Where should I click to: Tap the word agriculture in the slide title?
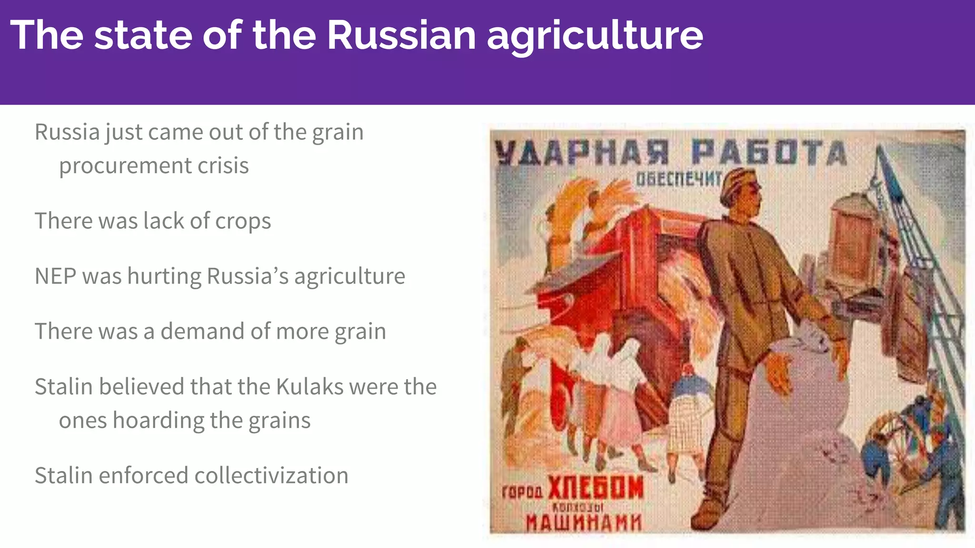pyautogui.click(x=595, y=36)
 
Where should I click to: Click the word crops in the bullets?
pyautogui.click(x=243, y=221)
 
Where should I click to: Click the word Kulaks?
pyautogui.click(x=309, y=386)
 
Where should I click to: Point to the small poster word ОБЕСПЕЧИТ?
pyautogui.click(x=678, y=179)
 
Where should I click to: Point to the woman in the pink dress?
pyautogui.click(x=619, y=409)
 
